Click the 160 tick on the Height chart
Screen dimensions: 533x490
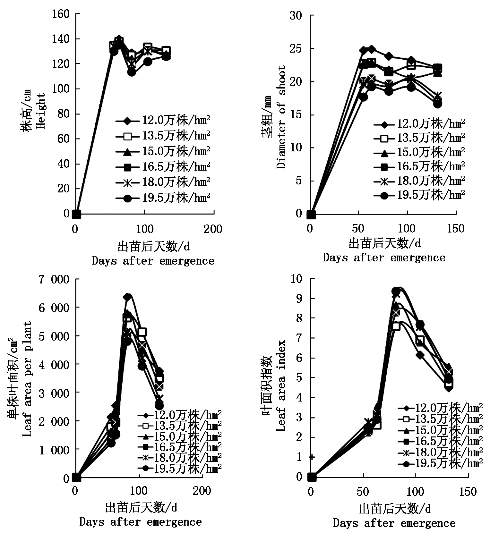63,14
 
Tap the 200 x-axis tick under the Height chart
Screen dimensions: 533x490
213,229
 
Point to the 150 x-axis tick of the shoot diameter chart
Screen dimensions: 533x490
455,228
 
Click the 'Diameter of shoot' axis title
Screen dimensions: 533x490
281,117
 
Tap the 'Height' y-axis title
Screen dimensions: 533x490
41,111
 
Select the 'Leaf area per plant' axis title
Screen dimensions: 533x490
28,379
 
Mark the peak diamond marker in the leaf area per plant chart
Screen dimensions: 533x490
127,297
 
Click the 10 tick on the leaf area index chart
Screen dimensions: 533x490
297,279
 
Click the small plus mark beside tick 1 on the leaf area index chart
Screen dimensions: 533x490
312,457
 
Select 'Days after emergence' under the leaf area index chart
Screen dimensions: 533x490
394,523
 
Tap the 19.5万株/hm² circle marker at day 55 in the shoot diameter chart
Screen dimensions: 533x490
363,97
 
